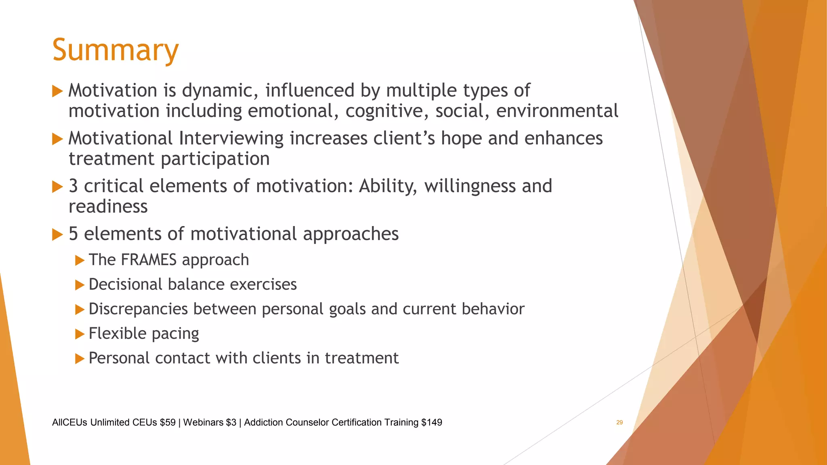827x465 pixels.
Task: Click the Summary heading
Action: pos(115,50)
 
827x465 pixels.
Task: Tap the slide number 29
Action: pos(619,422)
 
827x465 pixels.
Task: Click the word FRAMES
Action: pos(149,260)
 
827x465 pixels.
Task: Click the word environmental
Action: pos(557,111)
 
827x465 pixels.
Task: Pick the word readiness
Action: pos(108,207)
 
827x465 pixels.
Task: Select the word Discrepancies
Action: pos(138,309)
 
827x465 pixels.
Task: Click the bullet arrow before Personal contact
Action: pos(80,358)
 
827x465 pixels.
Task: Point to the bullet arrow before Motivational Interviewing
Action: pos(58,139)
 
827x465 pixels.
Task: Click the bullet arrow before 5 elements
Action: pos(58,235)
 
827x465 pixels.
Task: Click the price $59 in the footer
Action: pos(168,422)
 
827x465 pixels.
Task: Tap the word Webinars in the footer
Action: pos(203,422)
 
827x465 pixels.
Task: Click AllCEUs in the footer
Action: pos(69,422)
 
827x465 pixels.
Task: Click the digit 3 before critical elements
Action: pos(73,186)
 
